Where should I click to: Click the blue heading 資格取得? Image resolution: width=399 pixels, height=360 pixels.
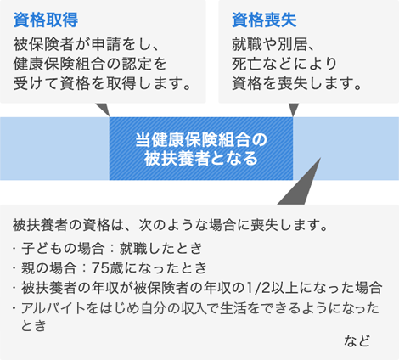46,20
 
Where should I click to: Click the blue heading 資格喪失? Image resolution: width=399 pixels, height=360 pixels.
264,20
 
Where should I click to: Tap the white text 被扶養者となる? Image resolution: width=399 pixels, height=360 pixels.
201,159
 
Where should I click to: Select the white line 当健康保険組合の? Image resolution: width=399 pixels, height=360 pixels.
201,140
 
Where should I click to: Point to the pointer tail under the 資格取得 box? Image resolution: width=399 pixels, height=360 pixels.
103,110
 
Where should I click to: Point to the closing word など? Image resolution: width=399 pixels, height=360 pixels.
357,340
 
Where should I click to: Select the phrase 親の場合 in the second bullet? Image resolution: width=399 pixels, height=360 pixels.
48,268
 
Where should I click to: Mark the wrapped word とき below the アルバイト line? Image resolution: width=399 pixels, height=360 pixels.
33,325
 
